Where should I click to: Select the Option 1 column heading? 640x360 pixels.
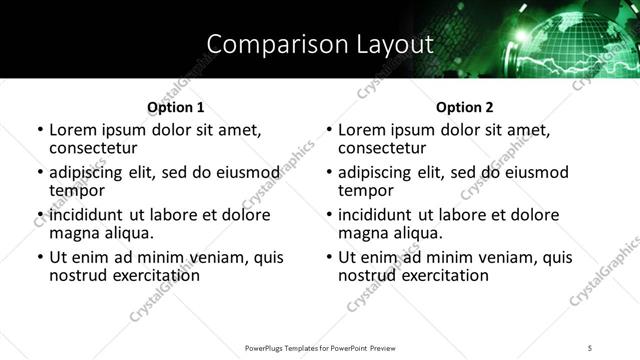[x=176, y=107]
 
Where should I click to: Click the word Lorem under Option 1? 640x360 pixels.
[x=73, y=130]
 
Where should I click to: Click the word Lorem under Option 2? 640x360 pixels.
[x=362, y=130]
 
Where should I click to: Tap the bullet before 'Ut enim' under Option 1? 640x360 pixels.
[x=40, y=257]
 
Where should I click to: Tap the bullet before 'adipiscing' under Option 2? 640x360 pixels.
[x=329, y=172]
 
